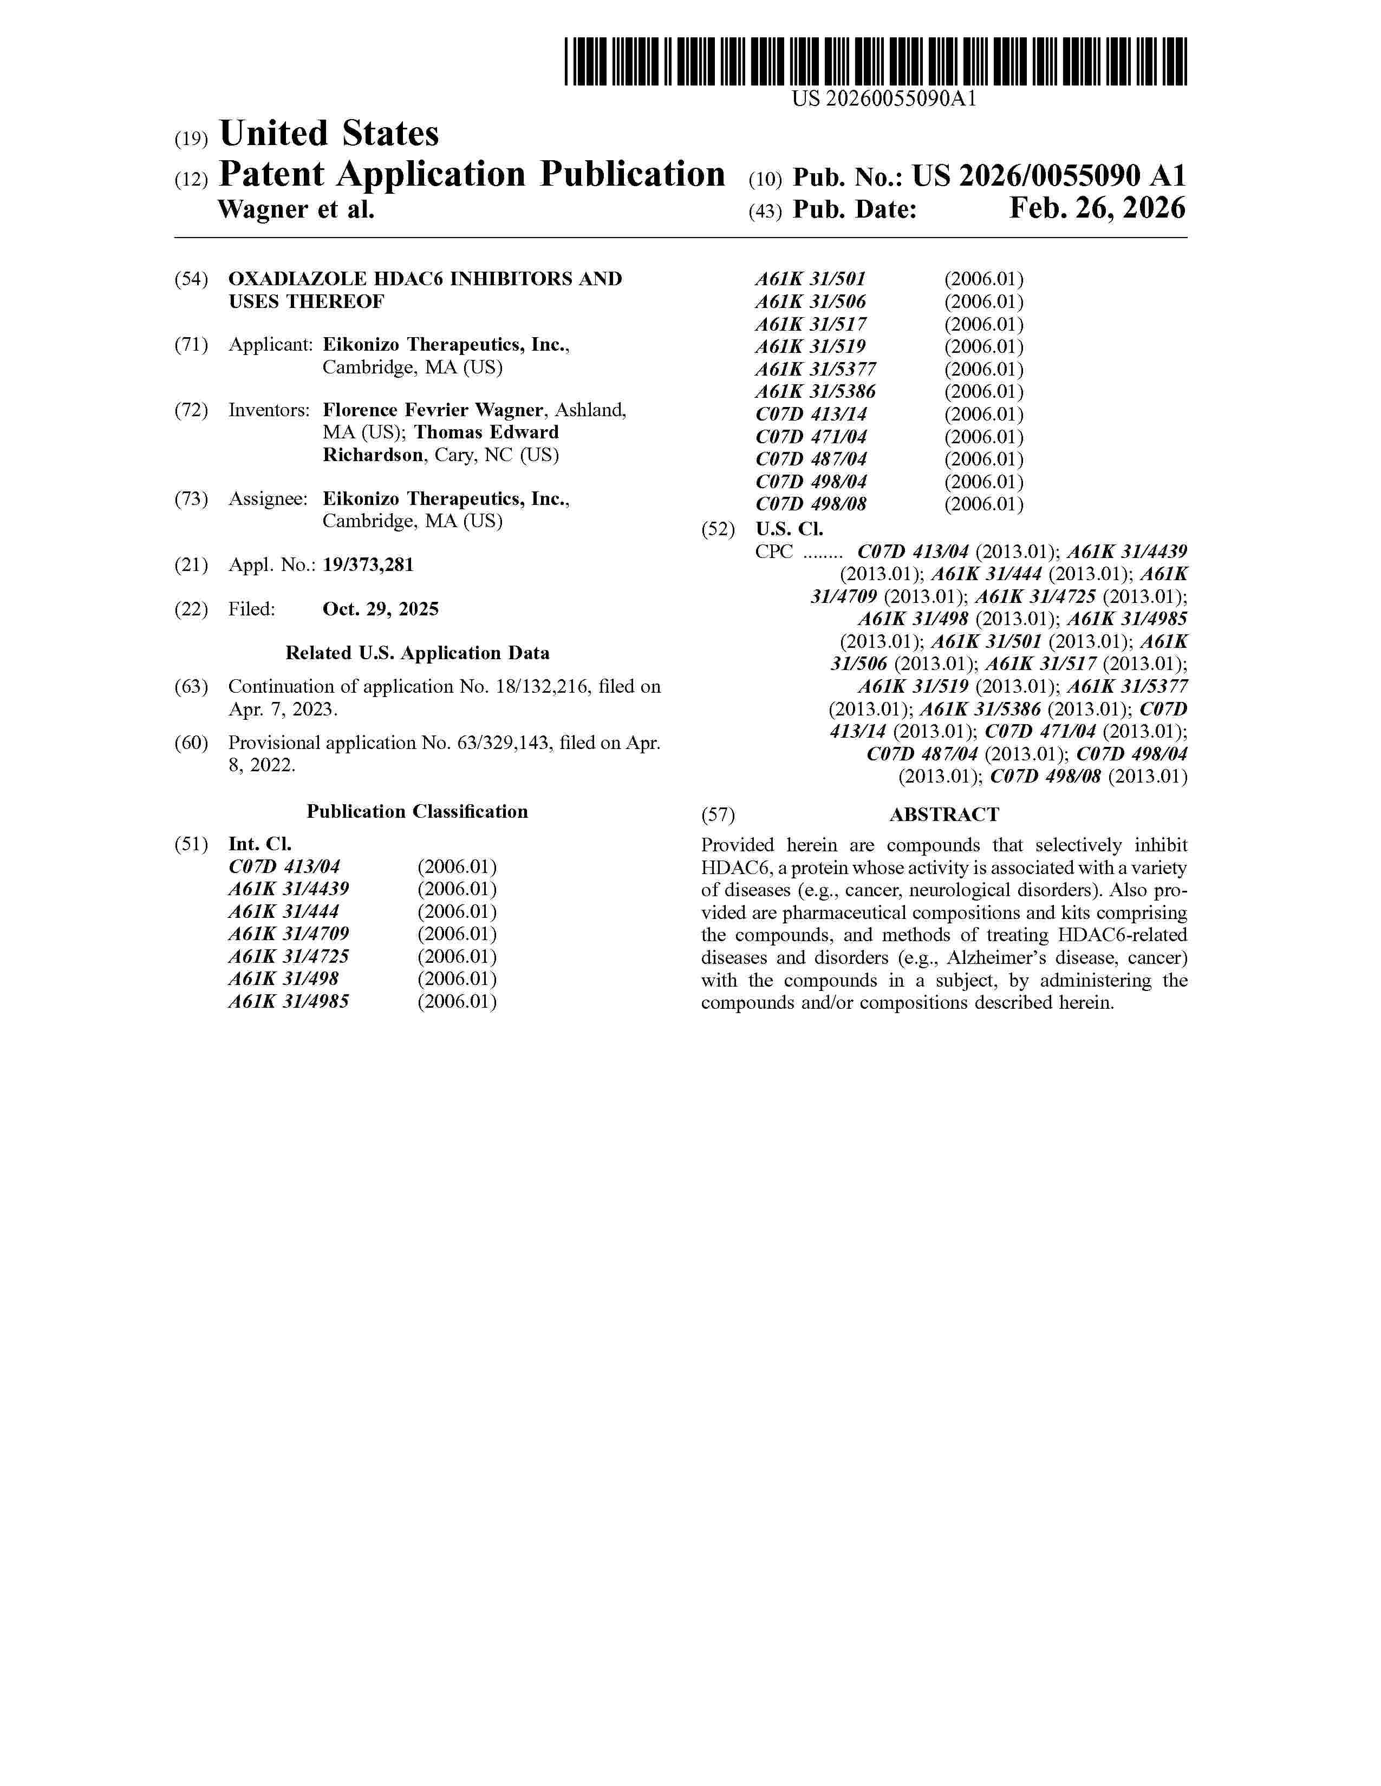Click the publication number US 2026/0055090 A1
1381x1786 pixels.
1049,176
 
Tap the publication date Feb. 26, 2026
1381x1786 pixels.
1096,209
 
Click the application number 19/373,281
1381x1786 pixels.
368,565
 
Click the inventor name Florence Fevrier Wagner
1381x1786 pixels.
433,411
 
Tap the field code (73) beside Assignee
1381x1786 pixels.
191,499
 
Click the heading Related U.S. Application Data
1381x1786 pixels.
417,653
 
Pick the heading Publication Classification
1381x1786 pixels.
417,812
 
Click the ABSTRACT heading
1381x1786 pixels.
944,815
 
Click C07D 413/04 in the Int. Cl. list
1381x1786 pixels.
285,867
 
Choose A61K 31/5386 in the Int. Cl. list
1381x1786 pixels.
816,392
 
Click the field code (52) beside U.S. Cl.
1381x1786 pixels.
718,529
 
